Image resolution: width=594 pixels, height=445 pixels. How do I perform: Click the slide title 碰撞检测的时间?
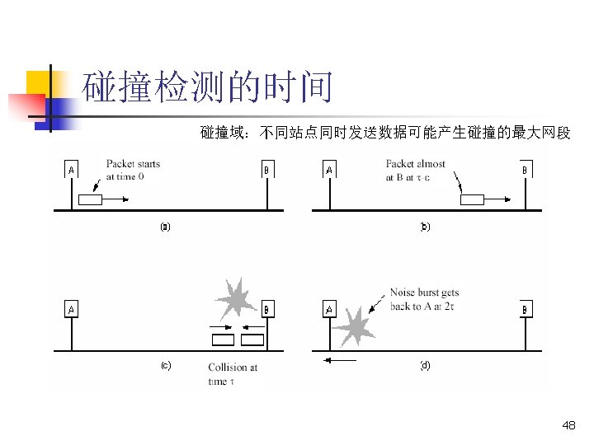coord(209,87)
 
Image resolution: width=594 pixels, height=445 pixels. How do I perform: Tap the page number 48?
coord(568,425)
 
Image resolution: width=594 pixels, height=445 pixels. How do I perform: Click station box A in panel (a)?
coord(72,171)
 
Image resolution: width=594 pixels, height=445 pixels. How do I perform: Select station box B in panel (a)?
coord(266,171)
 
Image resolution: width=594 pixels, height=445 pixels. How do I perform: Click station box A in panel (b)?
coord(329,171)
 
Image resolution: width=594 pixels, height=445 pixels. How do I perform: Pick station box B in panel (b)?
coord(525,171)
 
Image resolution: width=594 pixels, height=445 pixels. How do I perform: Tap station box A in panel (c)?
coord(72,310)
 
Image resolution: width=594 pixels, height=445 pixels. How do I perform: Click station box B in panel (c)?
coord(266,310)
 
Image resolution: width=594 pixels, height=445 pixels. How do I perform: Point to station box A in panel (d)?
coord(329,310)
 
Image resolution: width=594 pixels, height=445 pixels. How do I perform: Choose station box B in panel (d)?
coord(526,310)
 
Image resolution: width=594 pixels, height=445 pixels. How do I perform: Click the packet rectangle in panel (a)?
coord(89,199)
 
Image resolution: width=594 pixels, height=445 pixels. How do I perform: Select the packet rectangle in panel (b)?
coord(473,199)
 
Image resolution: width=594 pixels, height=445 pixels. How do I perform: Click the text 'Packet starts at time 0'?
coord(133,170)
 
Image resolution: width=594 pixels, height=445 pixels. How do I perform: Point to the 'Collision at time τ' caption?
coord(232,374)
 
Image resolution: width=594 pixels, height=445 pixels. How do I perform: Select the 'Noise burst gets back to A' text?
coord(424,299)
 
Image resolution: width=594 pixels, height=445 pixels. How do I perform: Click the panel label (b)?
coord(425,226)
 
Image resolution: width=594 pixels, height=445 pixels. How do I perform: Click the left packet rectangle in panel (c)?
coord(223,339)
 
